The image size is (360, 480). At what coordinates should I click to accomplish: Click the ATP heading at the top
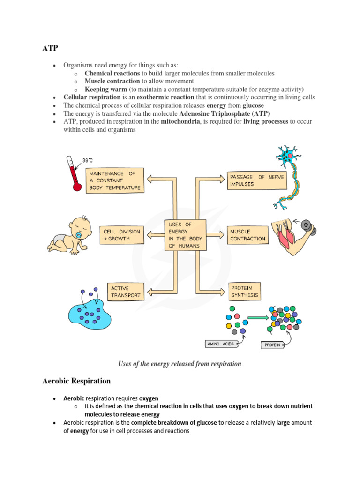[x=50, y=48]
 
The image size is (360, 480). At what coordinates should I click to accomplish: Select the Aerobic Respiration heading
[x=76, y=381]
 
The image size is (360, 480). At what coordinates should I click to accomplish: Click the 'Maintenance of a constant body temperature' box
[x=115, y=180]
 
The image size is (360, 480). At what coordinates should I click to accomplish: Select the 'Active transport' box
[x=124, y=292]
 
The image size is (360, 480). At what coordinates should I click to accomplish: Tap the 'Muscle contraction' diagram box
[x=247, y=235]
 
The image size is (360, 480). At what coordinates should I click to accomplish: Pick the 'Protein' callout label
[x=272, y=345]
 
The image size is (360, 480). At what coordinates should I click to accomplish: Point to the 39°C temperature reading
[x=88, y=160]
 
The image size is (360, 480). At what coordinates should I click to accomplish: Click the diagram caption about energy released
[x=180, y=364]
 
